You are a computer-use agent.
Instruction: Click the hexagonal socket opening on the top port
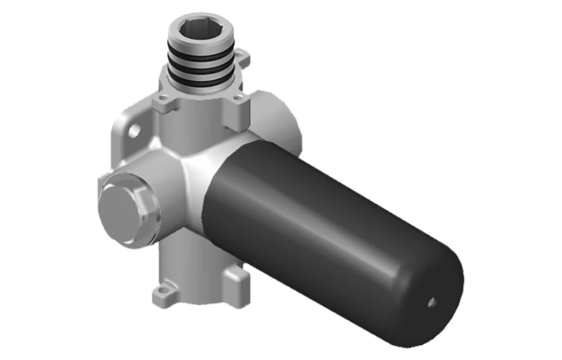[202, 28]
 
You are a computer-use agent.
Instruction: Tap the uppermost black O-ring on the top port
[202, 53]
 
